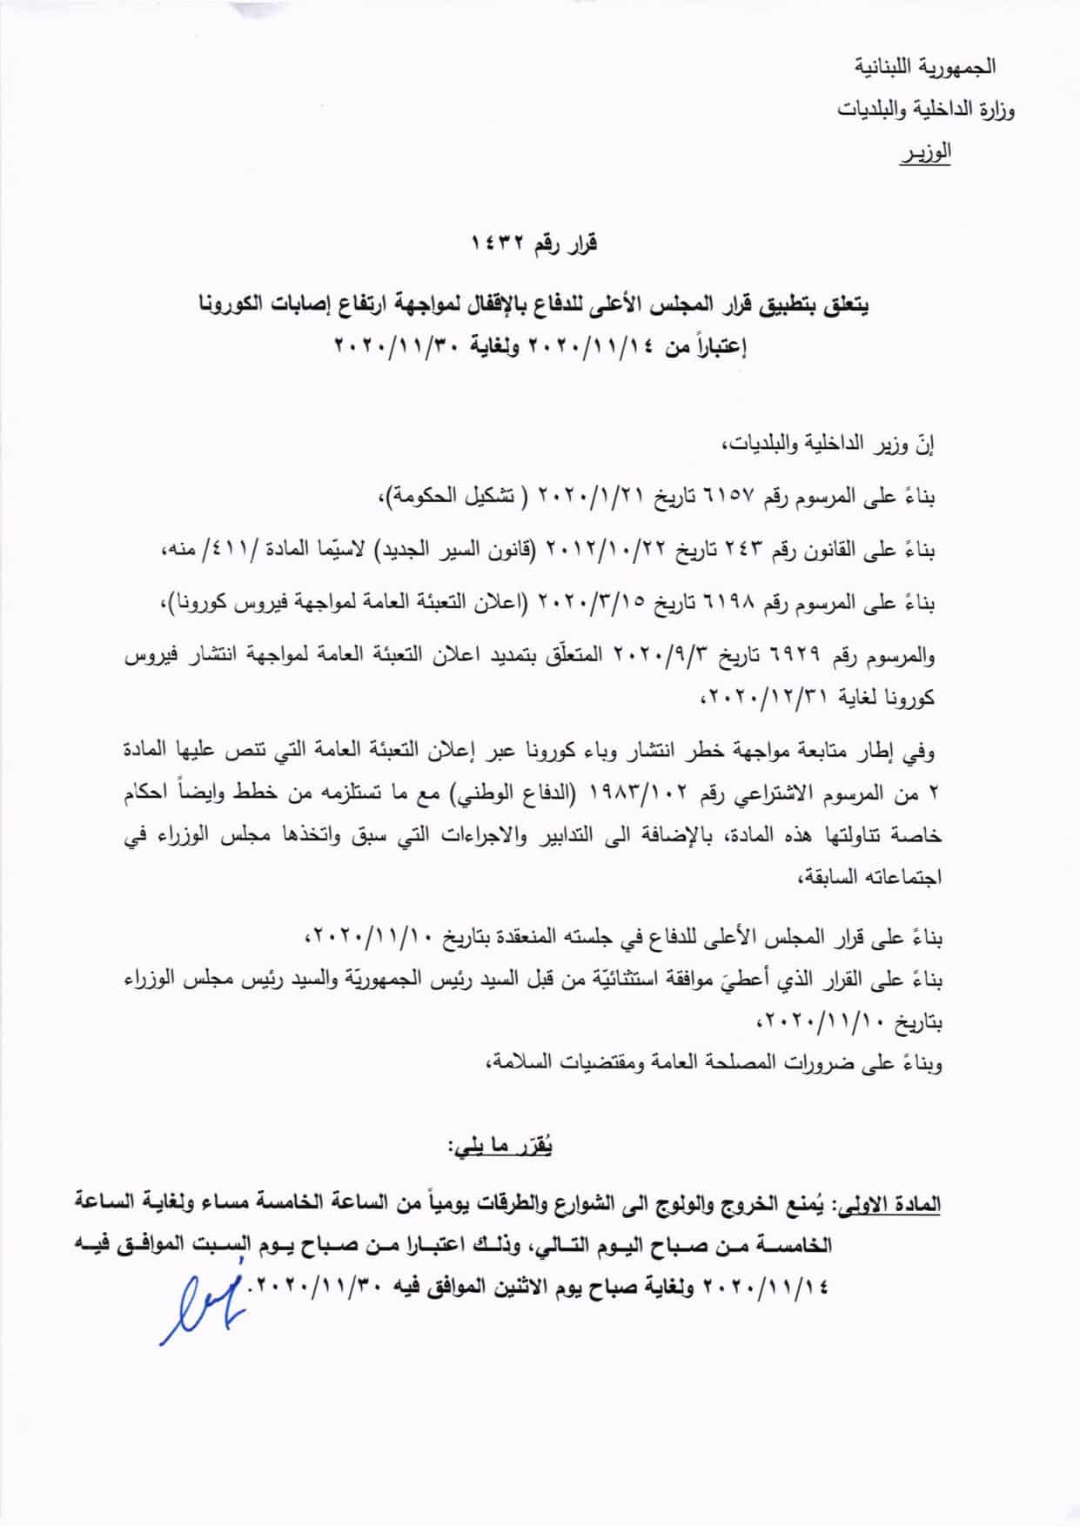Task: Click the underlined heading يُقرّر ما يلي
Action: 502,1148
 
